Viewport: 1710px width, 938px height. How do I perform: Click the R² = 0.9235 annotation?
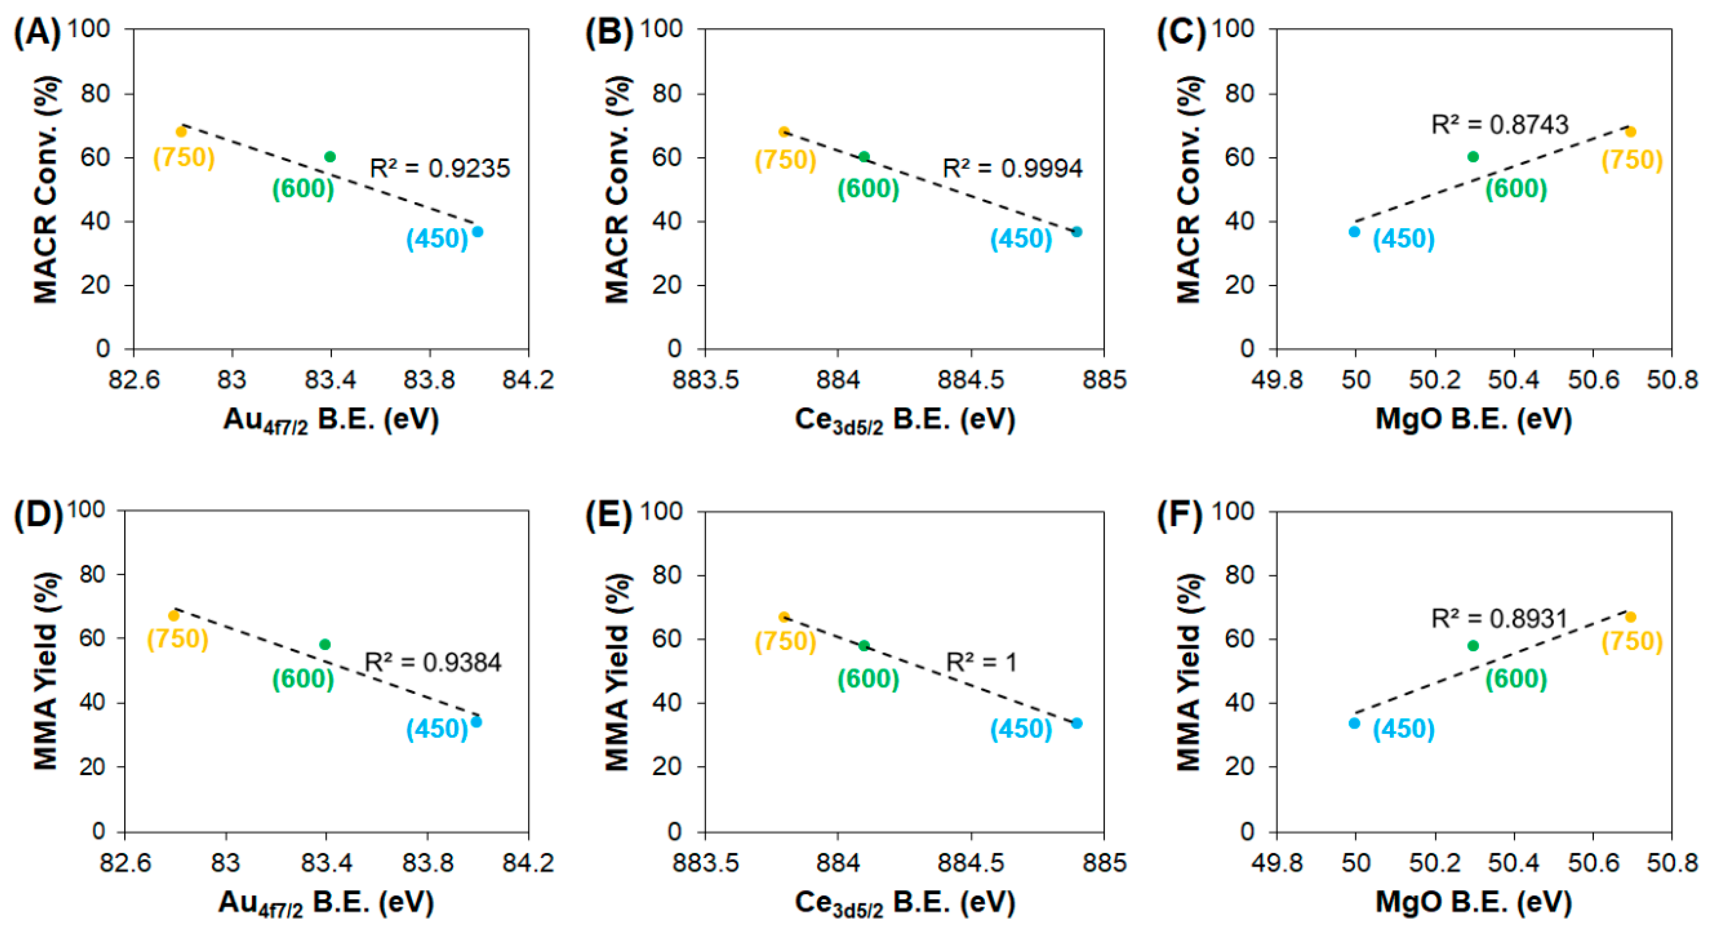[439, 169]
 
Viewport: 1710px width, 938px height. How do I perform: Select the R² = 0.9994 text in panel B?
[1012, 169]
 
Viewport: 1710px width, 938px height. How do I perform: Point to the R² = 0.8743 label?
[1499, 125]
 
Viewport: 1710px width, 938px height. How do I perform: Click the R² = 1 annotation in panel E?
[980, 662]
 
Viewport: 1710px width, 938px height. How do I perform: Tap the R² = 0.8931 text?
[1498, 619]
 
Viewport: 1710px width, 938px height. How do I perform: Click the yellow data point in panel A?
[181, 132]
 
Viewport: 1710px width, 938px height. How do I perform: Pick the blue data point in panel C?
[1354, 232]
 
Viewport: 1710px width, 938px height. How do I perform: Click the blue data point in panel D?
[476, 722]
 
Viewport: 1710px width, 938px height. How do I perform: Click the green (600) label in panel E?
[868, 679]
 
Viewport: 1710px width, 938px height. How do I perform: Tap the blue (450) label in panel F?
[1403, 729]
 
